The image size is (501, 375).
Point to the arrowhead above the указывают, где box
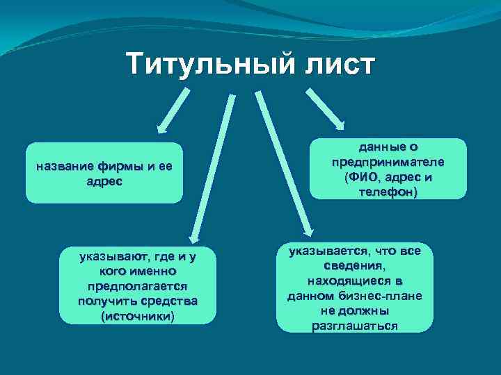[196, 236]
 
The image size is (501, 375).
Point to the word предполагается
[138, 286]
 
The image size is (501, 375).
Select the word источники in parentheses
[138, 316]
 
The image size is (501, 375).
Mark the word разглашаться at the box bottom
[355, 326]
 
